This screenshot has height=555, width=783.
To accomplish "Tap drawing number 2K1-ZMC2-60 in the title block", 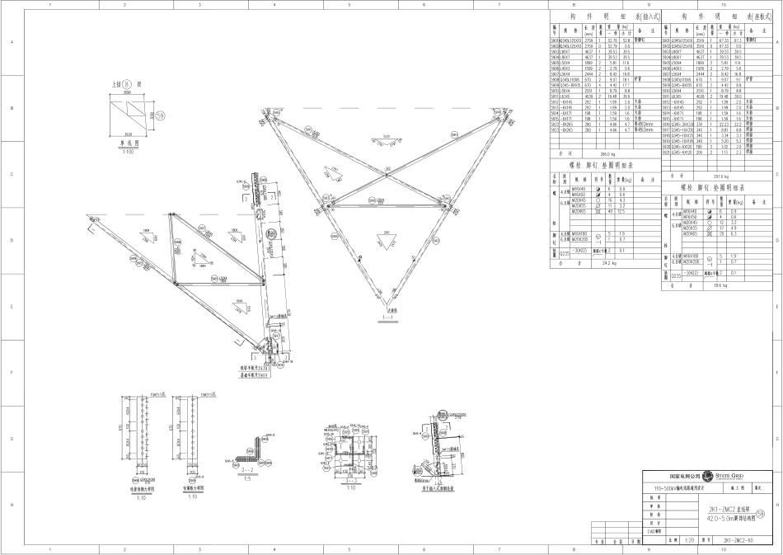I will click(x=734, y=541).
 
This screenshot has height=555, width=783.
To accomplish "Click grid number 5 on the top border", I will click(x=349, y=5).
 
